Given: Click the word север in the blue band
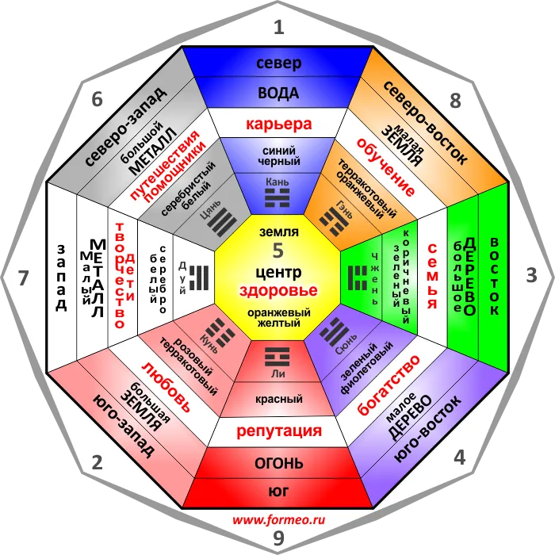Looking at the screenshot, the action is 278,63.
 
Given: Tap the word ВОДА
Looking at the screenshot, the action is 278,93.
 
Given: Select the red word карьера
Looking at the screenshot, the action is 278,124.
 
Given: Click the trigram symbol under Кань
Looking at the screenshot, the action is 277,197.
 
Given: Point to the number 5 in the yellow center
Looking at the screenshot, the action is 278,251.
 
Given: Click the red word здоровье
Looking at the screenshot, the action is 278,291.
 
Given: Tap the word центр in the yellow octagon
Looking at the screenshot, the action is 278,272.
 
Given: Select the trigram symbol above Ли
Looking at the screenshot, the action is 277,357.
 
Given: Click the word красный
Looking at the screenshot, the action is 278,400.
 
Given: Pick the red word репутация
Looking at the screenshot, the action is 279,431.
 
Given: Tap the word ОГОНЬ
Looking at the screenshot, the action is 278,463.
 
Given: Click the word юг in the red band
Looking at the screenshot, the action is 278,492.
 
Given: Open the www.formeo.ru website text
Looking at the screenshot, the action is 278,520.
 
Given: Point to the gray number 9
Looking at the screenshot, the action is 278,538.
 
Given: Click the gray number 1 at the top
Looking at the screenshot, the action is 279,27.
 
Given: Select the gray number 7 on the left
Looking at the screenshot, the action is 23,277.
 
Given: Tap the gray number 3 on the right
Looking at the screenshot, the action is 531,275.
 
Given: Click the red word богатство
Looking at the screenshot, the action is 388,385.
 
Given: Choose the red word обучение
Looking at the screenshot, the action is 386,166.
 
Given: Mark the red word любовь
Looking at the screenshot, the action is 166,387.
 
